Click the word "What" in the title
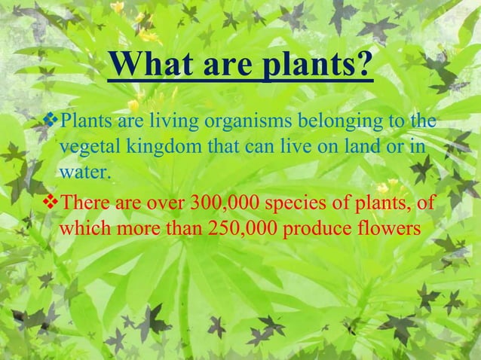(x=155, y=67)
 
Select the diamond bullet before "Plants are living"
(x=51, y=119)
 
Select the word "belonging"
(x=342, y=121)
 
